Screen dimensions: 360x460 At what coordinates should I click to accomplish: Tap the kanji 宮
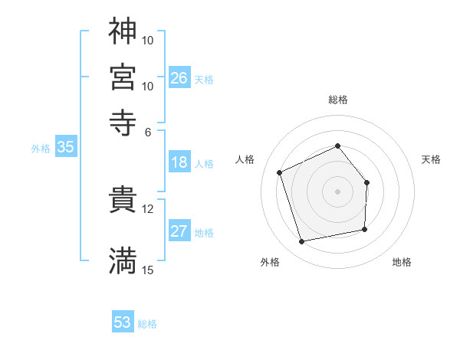point(123,76)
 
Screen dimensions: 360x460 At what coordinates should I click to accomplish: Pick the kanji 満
point(123,260)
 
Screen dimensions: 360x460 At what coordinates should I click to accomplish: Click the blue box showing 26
point(179,78)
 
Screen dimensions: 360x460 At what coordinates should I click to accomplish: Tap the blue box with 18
point(179,162)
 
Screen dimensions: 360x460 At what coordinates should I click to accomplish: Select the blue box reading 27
point(179,232)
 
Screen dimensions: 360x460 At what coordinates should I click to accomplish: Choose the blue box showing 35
point(65,148)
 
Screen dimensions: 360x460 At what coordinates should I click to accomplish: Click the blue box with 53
point(123,322)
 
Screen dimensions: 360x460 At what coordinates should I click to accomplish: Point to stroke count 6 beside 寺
point(148,131)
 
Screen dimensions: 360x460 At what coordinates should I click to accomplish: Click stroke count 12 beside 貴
point(148,208)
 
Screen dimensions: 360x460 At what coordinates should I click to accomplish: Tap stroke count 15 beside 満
point(148,270)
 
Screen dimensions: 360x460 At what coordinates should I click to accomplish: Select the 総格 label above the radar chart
point(338,100)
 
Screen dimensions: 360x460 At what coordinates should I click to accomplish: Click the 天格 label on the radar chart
point(431,159)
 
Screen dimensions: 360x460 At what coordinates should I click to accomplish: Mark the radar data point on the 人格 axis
point(280,172)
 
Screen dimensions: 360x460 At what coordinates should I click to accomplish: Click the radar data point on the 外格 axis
point(302,242)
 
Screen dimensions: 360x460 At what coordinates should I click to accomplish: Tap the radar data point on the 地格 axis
point(365,229)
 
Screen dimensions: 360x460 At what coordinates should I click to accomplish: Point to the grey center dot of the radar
point(338,191)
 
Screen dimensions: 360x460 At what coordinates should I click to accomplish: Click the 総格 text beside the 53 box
point(147,324)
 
